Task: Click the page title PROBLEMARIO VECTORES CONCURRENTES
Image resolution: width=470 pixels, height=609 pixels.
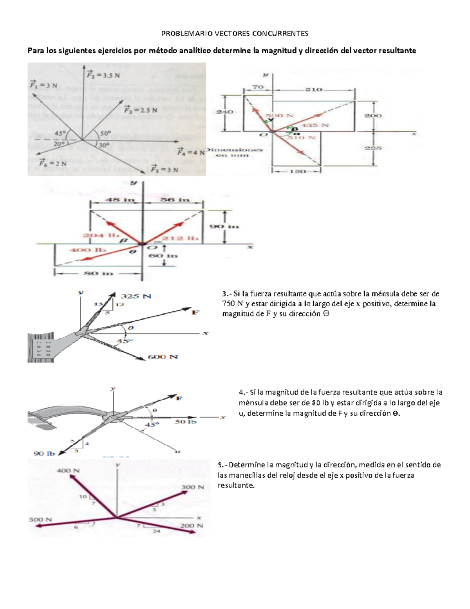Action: (235, 33)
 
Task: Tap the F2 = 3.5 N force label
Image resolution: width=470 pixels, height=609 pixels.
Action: (103, 75)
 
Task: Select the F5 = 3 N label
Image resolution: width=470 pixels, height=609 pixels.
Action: (164, 169)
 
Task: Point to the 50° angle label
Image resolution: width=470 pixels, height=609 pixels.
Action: (105, 133)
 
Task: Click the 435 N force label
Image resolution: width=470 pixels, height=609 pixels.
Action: (318, 125)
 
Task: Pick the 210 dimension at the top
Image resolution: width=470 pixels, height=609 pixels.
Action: (314, 89)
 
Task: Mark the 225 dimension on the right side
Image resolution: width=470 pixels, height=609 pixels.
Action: (373, 148)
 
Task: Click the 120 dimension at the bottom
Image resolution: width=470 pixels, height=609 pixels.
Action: (297, 171)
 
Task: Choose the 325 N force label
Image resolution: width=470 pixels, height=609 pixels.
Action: (136, 296)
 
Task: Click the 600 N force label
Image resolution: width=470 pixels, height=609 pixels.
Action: (163, 357)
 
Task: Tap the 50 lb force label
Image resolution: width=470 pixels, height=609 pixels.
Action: (186, 421)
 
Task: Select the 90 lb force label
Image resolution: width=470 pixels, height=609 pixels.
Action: (44, 453)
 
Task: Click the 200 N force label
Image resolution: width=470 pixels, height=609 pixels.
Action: (192, 525)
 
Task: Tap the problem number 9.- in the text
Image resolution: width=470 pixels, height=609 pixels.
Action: (222, 465)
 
